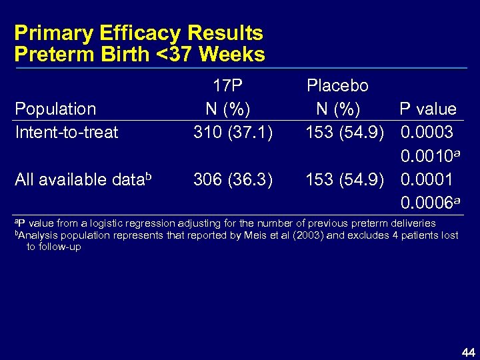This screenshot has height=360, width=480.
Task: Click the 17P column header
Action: click(227, 85)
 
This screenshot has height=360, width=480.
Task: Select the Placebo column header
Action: click(337, 85)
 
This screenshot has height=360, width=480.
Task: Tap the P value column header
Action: click(427, 109)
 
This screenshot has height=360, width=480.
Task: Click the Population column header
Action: click(55, 109)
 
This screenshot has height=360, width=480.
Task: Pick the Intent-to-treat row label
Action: click(66, 132)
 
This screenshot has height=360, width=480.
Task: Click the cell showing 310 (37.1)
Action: click(233, 132)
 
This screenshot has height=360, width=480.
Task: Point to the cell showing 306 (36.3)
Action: click(233, 179)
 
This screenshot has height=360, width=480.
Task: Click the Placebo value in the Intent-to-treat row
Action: click(344, 132)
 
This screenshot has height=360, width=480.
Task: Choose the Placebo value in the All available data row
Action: click(344, 179)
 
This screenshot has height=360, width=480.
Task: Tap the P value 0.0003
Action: click(427, 132)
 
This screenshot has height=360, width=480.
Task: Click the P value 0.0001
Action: click(427, 179)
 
